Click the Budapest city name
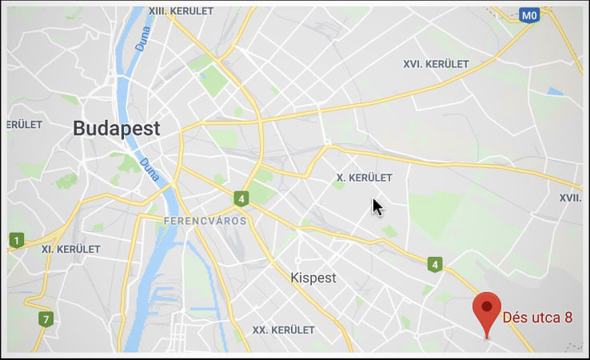(x=116, y=128)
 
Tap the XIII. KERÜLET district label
(x=181, y=11)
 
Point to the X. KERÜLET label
(x=364, y=177)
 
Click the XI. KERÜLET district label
(x=70, y=249)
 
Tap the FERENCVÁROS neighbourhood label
(x=205, y=220)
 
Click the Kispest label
(x=313, y=278)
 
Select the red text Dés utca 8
(x=537, y=318)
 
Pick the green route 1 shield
(x=17, y=238)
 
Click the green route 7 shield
(x=46, y=320)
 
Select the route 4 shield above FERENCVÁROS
(x=241, y=198)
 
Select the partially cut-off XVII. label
(x=569, y=198)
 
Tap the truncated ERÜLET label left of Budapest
(x=24, y=125)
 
